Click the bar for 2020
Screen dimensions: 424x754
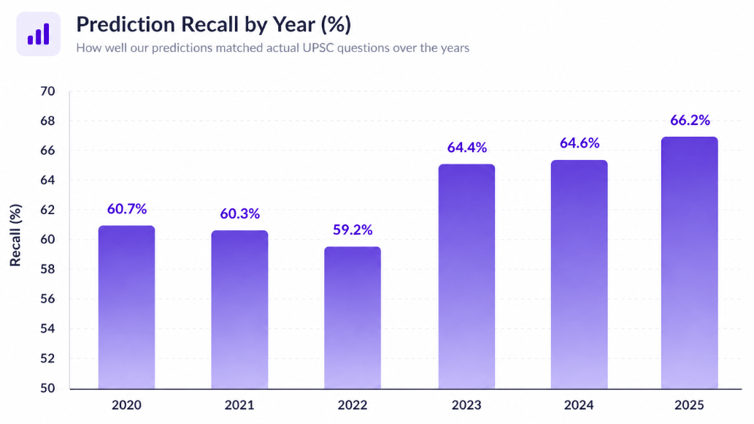click(126, 307)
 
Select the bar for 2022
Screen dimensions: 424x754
click(353, 317)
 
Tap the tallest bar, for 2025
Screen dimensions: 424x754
click(689, 262)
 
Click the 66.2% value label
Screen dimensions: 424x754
click(689, 121)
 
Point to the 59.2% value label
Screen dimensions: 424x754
click(353, 230)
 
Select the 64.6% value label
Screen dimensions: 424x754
click(580, 143)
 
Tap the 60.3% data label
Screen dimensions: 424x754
click(240, 214)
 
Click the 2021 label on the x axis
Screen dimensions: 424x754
click(240, 405)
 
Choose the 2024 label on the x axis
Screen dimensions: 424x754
click(580, 405)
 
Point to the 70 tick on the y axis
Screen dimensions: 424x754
click(48, 91)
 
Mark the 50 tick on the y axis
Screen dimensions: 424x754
click(48, 388)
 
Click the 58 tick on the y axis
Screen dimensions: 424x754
click(48, 270)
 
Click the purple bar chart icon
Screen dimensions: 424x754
click(38, 34)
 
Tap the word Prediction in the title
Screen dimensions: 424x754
click(123, 25)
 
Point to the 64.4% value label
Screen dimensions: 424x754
click(466, 148)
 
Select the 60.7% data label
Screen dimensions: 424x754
click(126, 209)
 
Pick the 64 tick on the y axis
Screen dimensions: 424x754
click(48, 181)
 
